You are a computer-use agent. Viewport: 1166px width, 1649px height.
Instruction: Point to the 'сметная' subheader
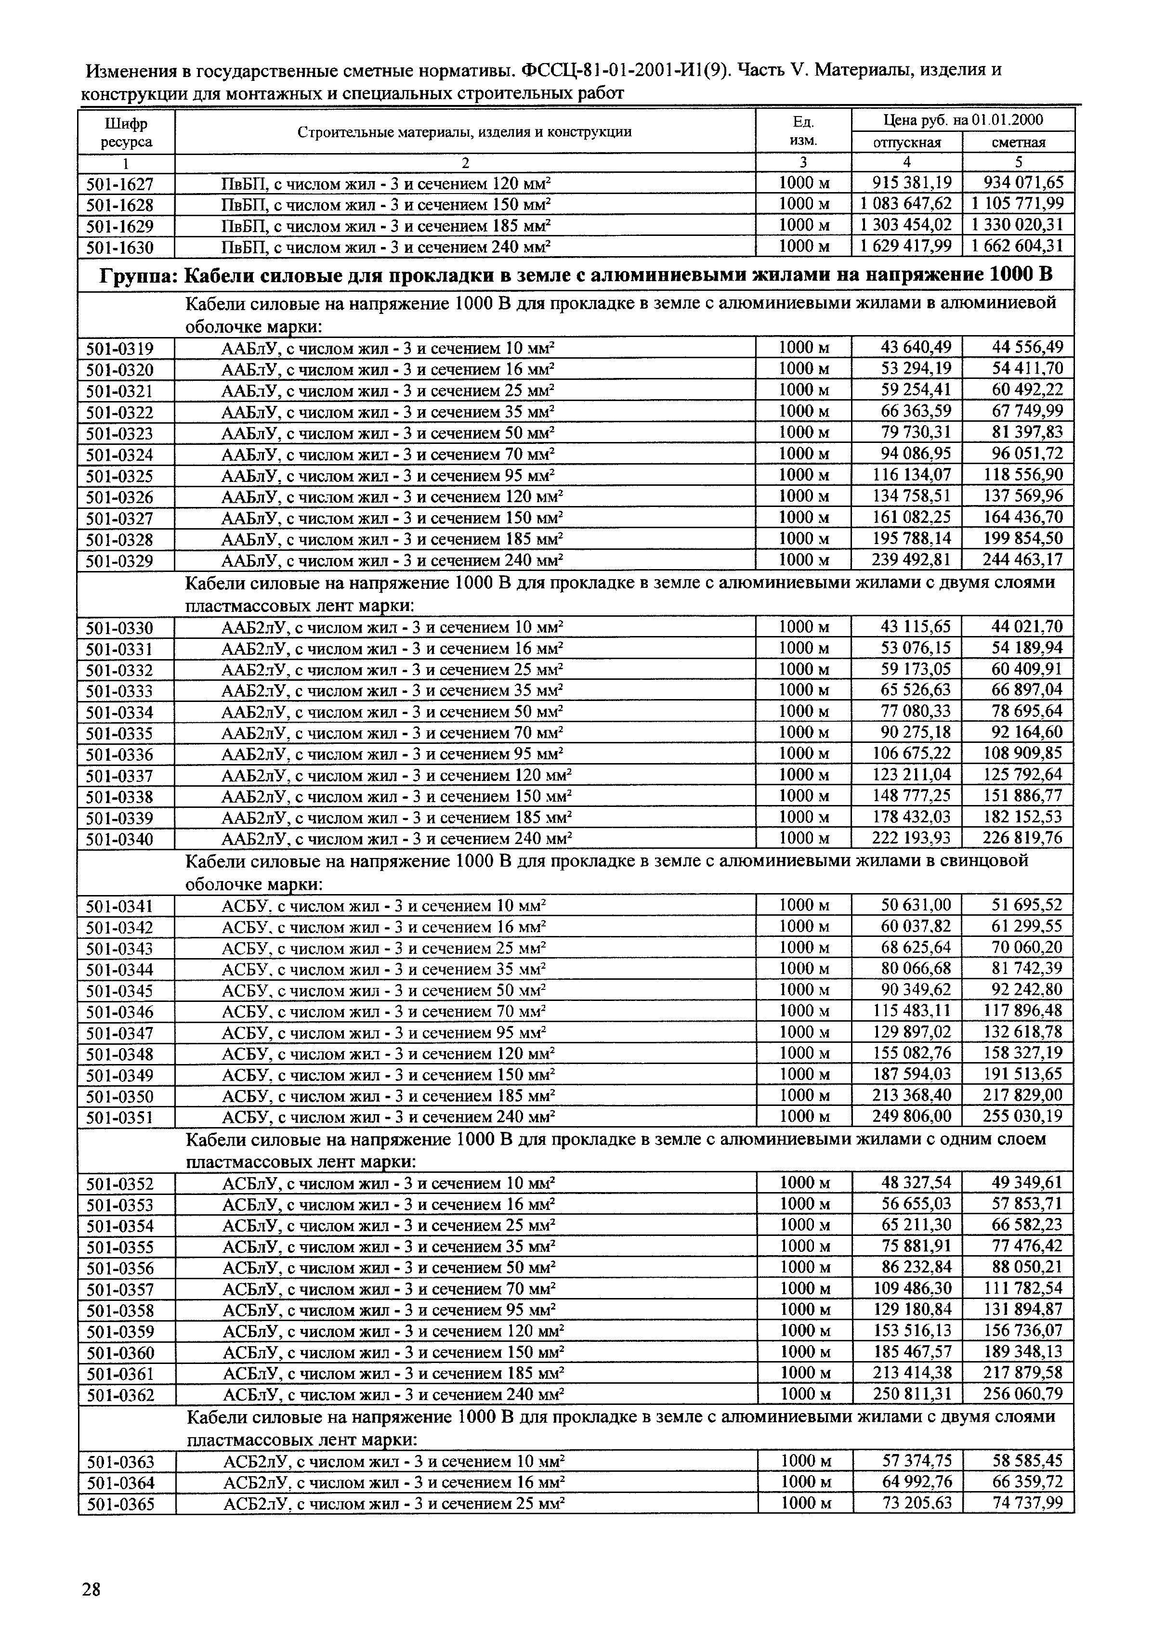pyautogui.click(x=1018, y=142)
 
